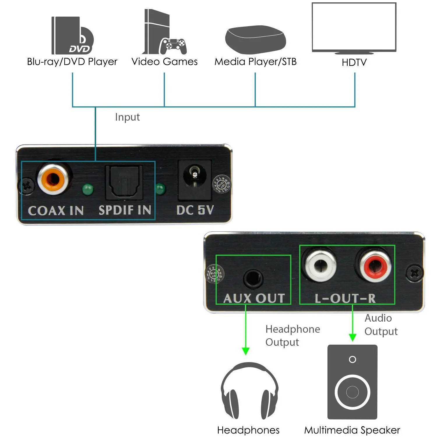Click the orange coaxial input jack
pos(53,179)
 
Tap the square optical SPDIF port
pos(124,182)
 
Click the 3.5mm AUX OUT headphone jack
pos(253,279)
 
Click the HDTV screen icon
pos(354,28)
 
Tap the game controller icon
pos(173,46)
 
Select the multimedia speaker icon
pos(352,382)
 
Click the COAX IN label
pos(56,210)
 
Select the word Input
pos(127,117)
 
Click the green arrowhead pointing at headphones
pos(246,351)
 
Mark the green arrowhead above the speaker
pos(353,337)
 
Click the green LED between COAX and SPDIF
pos(88,190)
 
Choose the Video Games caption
pos(164,62)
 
